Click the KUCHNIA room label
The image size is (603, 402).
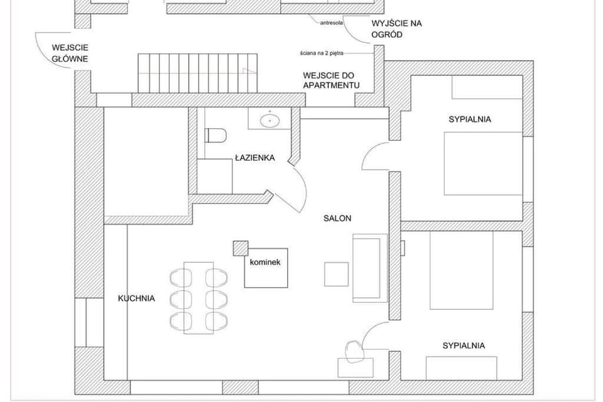(136, 298)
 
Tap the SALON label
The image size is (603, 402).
(337, 219)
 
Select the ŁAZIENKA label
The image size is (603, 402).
(255, 158)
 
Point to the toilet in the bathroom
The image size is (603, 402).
(215, 135)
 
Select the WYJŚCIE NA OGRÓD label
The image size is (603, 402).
(396, 30)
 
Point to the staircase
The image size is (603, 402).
(198, 73)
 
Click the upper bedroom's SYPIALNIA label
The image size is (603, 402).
(469, 119)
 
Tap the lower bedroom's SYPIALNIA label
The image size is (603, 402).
(464, 345)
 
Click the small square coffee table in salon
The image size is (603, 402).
(336, 274)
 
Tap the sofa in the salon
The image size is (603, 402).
(367, 267)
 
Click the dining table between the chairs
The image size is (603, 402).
(198, 297)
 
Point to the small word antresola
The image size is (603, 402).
(331, 22)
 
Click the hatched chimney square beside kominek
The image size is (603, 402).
(239, 247)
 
